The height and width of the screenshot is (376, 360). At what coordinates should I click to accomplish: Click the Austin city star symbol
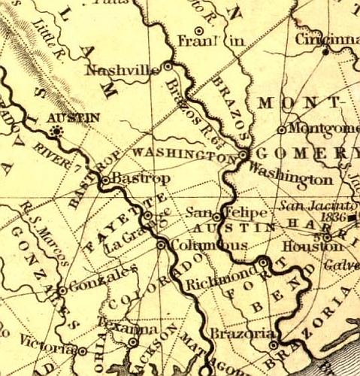click(x=55, y=132)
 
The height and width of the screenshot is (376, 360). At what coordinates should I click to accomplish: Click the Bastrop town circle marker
click(x=106, y=180)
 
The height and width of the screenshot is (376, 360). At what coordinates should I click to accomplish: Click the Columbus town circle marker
click(x=161, y=244)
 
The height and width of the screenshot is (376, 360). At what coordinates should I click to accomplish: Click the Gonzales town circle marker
click(x=62, y=289)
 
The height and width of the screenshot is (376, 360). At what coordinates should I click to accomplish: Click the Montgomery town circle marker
click(x=281, y=129)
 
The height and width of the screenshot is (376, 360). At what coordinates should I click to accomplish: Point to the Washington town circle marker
click(x=244, y=154)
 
